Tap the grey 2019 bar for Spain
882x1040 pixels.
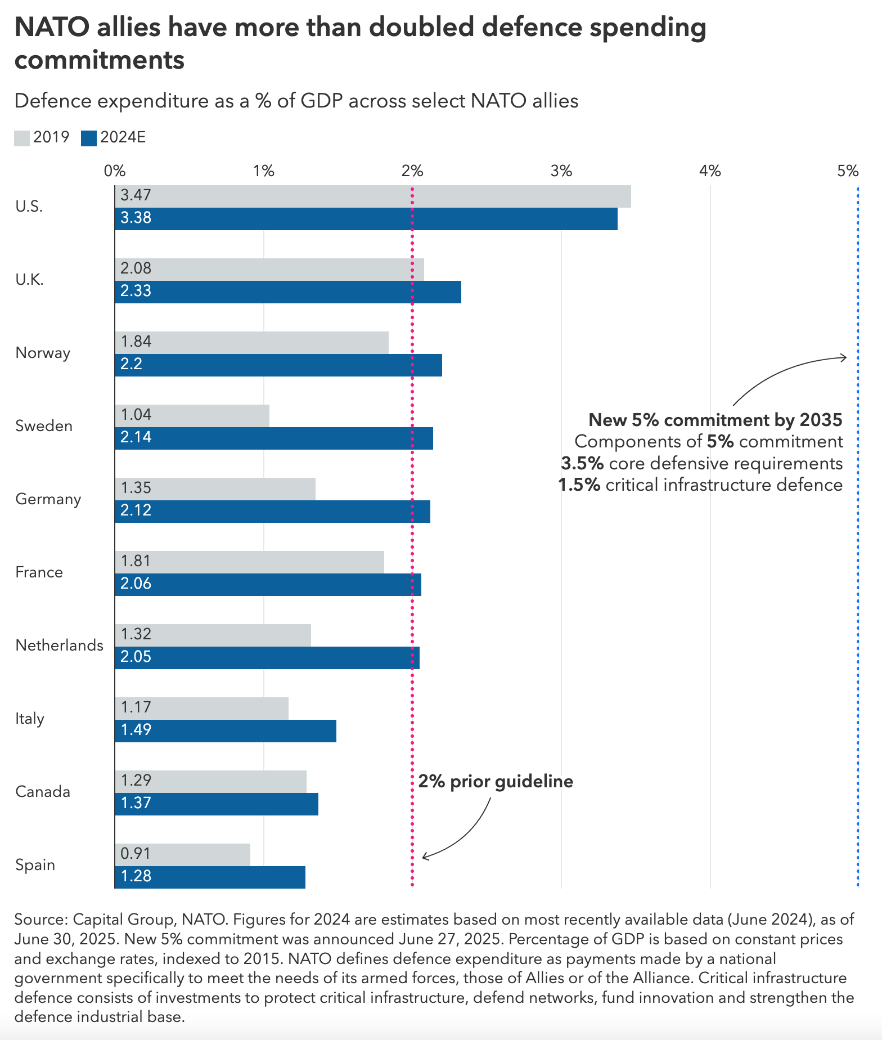coord(182,855)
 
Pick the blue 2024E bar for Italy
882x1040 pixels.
coord(226,731)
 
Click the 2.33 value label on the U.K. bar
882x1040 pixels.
coord(136,292)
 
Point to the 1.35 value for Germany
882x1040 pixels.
coord(136,488)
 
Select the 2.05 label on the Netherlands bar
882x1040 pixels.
coord(136,657)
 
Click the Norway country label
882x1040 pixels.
coord(43,353)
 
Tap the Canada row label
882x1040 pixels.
coord(43,792)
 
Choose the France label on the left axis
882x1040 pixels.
coord(39,572)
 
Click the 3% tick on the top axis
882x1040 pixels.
coord(561,171)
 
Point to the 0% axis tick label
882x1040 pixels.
coord(115,171)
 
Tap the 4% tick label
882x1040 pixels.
coord(710,171)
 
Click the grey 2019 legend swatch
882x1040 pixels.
coord(22,138)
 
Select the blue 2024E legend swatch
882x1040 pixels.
coord(89,138)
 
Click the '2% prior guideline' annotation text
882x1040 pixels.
coord(496,782)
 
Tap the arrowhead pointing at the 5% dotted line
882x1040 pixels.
coord(844,357)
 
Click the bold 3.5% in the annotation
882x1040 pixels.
coord(582,464)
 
